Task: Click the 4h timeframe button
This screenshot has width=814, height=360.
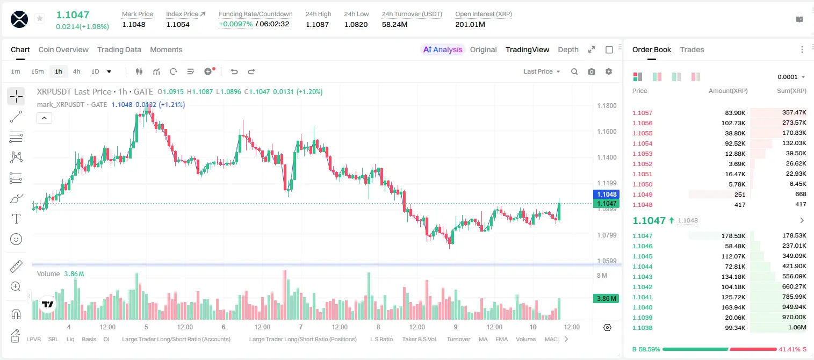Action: (x=76, y=71)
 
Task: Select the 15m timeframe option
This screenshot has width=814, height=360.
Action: (x=37, y=71)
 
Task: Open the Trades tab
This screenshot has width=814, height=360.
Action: (x=692, y=49)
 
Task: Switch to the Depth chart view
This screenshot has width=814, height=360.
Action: (x=568, y=49)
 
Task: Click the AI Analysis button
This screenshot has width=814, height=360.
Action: (x=443, y=49)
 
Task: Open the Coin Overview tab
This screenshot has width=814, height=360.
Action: (x=63, y=49)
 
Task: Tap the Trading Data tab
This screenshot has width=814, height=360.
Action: (x=119, y=49)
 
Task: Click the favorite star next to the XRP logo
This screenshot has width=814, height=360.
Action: (x=40, y=18)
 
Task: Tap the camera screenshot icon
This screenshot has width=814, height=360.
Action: (x=592, y=71)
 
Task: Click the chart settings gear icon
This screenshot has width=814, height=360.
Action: (x=609, y=71)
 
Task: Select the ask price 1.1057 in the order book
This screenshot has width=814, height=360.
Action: (x=642, y=113)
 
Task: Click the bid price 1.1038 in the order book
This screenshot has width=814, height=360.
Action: (x=642, y=328)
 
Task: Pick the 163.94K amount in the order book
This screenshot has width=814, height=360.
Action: (x=733, y=307)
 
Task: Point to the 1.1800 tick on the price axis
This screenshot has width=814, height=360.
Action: (x=607, y=106)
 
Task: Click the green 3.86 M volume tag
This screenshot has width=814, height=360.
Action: (x=606, y=299)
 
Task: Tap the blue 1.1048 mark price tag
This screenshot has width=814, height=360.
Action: (x=606, y=195)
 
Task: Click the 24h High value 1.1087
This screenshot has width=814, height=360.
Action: (x=317, y=24)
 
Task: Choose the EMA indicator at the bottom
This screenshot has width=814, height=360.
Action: (x=501, y=339)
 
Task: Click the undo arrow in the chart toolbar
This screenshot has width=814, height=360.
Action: (x=234, y=71)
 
